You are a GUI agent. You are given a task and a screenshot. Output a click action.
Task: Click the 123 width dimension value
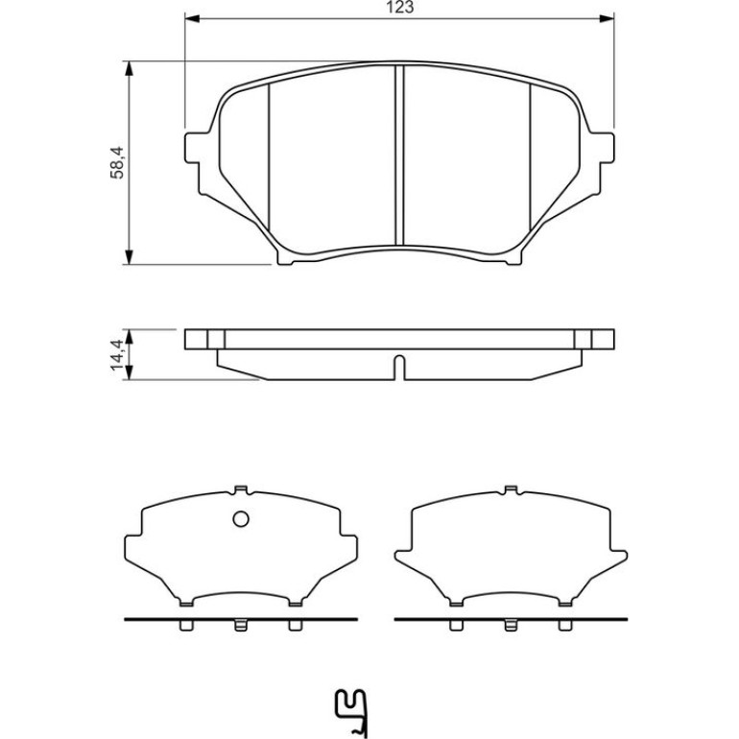point(399,7)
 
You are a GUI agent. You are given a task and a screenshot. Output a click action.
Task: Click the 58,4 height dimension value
point(117,162)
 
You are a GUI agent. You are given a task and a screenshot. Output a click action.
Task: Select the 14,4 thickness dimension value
point(117,354)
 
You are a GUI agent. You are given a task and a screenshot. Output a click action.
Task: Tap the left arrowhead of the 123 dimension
point(192,18)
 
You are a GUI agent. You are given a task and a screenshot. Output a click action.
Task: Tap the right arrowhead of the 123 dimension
point(607,18)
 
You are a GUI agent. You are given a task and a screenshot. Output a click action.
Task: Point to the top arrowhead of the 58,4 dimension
point(129,69)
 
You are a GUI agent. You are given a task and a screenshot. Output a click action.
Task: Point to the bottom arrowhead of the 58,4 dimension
point(129,257)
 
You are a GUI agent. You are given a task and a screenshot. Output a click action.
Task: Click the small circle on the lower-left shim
point(241,519)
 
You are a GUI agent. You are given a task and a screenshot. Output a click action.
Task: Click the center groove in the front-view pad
point(399,155)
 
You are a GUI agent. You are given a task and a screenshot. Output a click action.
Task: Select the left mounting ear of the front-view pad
point(196,148)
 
